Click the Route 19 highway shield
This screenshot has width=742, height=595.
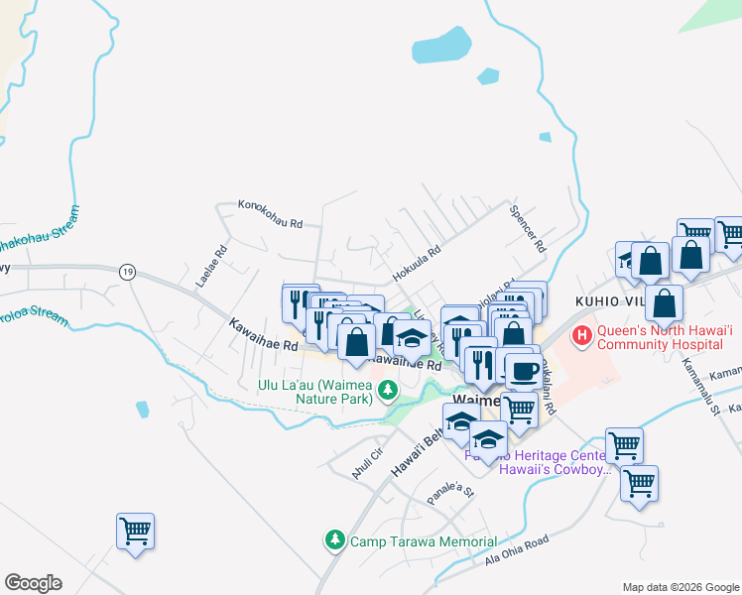[x=127, y=271]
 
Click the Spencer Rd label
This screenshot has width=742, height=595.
[x=527, y=227]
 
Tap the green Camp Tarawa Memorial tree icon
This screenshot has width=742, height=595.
[x=335, y=540]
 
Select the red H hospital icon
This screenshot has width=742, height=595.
[x=580, y=337]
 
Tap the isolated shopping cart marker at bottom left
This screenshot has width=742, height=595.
[x=135, y=529]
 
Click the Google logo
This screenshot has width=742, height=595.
[x=34, y=583]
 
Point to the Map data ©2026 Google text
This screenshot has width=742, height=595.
[x=680, y=587]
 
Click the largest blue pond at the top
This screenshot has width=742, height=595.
[x=441, y=45]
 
